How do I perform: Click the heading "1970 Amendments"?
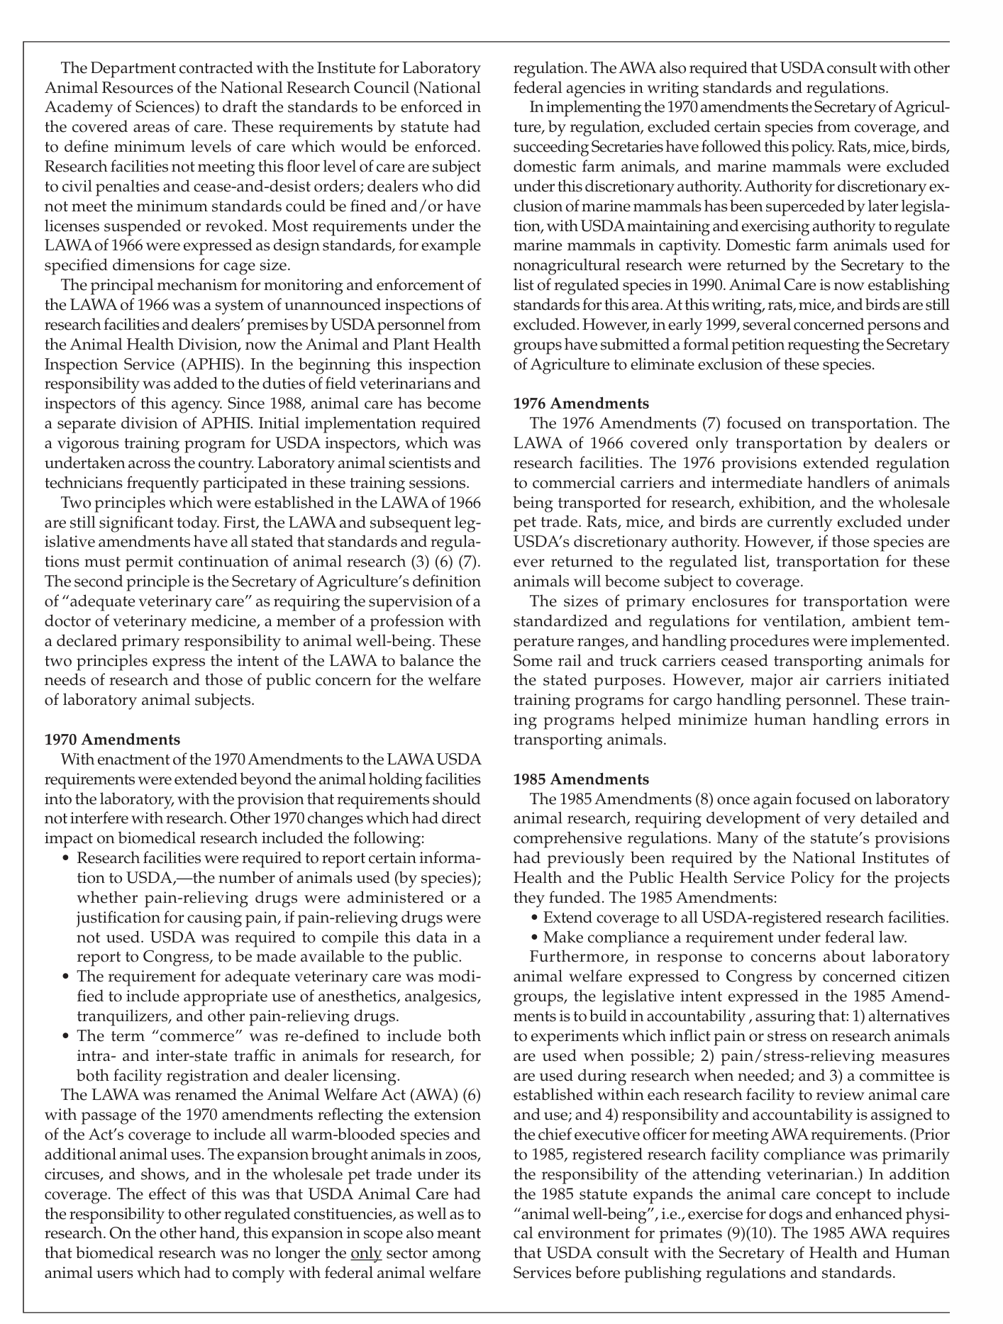pos(112,740)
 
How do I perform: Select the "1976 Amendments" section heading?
pos(581,404)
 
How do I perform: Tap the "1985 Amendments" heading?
pos(581,779)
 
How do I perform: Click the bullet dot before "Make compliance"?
pos(536,937)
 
